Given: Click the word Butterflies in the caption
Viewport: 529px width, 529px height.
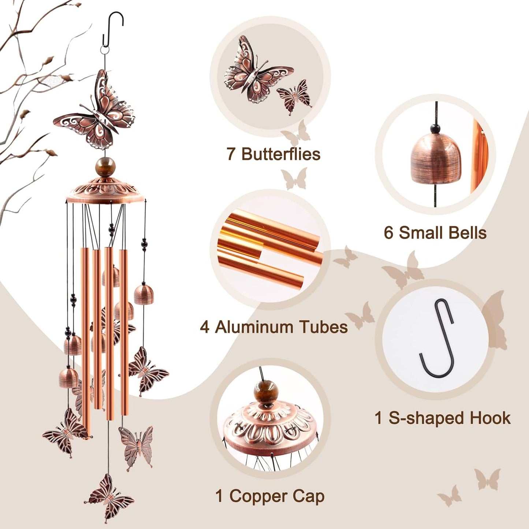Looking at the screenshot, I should [281, 154].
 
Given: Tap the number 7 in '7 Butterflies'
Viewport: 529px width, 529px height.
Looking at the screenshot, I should [231, 154].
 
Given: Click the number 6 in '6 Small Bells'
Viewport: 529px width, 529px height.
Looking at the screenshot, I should [388, 233].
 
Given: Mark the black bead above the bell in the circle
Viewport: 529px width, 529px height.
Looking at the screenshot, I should [435, 129].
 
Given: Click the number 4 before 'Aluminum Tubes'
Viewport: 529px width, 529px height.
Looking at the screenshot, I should [205, 327].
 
